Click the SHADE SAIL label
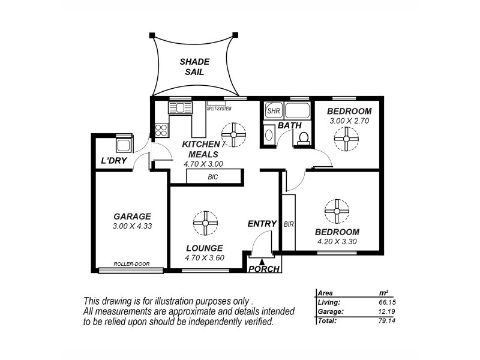pyautogui.click(x=194, y=67)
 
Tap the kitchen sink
pyautogui.click(x=180, y=108)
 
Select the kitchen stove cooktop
pyautogui.click(x=161, y=130)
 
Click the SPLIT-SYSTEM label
pyautogui.click(x=219, y=109)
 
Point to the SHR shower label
pyautogui.click(x=274, y=110)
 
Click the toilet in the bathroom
pyautogui.click(x=304, y=139)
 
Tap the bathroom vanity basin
pyautogui.click(x=268, y=134)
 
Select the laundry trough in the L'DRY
pyautogui.click(x=124, y=145)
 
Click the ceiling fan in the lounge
pyautogui.click(x=205, y=223)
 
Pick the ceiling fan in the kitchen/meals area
pyautogui.click(x=233, y=134)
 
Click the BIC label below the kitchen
pyautogui.click(x=213, y=176)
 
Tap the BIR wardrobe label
pyautogui.click(x=289, y=224)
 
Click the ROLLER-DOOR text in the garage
pyautogui.click(x=131, y=264)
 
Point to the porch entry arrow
pyautogui.click(x=262, y=262)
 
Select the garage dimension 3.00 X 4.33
pyautogui.click(x=132, y=226)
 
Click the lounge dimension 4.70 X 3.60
pyautogui.click(x=205, y=258)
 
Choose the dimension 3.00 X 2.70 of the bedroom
pyautogui.click(x=349, y=121)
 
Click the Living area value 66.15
pyautogui.click(x=387, y=302)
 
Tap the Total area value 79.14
pyautogui.click(x=387, y=321)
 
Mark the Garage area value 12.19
pyautogui.click(x=387, y=311)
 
